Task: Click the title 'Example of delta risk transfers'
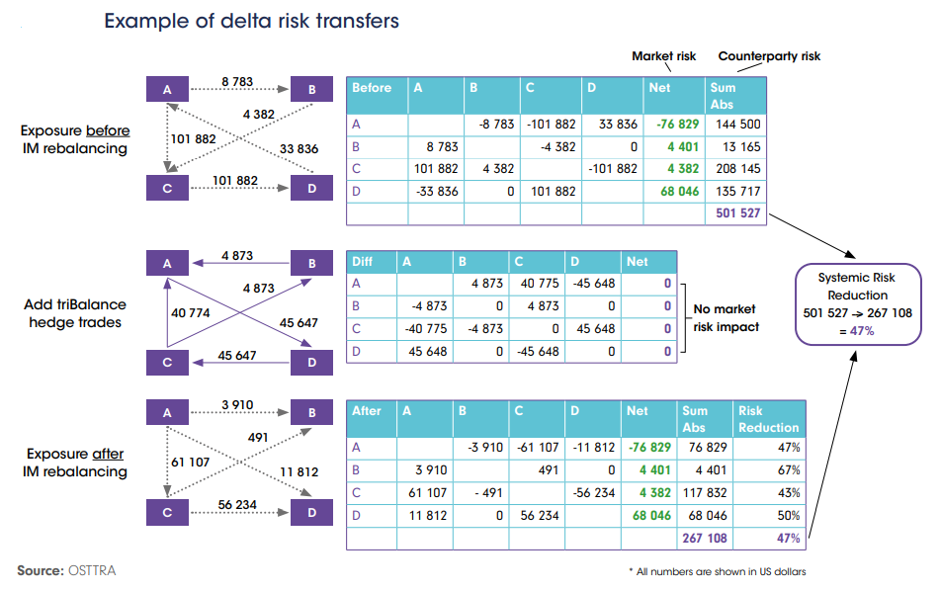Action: [x=251, y=21]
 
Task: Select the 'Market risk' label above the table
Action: [x=664, y=56]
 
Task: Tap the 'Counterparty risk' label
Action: [x=769, y=56]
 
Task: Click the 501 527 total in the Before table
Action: [x=735, y=213]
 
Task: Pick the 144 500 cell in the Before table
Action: [x=735, y=125]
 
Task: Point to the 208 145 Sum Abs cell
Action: [x=735, y=169]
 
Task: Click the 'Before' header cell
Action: [x=373, y=88]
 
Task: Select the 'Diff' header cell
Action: [x=366, y=262]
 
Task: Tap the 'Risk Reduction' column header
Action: [x=768, y=419]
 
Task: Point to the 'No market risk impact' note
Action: [x=726, y=319]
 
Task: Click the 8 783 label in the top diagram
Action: [x=237, y=80]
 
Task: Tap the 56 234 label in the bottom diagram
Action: [x=237, y=504]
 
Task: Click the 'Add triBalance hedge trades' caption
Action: [x=75, y=313]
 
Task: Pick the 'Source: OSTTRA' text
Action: [x=65, y=570]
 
